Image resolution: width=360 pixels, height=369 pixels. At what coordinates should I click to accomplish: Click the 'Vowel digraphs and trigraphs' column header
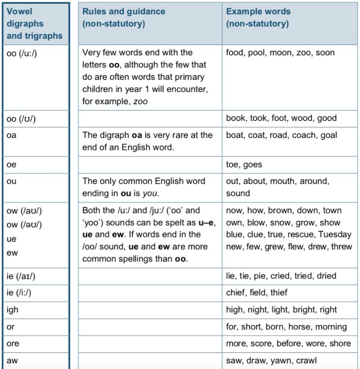[x=35, y=24]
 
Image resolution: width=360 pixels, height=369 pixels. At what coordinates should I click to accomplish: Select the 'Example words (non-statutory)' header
[x=258, y=18]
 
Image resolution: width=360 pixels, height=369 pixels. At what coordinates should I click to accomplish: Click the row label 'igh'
[x=12, y=310]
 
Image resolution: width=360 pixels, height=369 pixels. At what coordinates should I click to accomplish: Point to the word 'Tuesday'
[x=335, y=234]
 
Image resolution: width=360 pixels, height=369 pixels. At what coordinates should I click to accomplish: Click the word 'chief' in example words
[x=235, y=293]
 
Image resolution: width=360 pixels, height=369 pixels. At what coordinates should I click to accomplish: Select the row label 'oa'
[x=11, y=136]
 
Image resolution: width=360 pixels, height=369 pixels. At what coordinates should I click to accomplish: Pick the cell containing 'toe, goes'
[x=244, y=164]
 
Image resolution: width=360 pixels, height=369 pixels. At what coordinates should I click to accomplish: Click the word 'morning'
[x=331, y=327]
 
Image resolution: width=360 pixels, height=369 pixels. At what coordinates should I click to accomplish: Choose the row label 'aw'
[x=12, y=361]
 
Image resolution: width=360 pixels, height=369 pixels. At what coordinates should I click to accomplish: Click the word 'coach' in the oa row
[x=306, y=136]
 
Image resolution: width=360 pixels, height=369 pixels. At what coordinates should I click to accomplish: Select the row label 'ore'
[x=13, y=344]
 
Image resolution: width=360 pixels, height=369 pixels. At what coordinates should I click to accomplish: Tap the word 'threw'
[x=342, y=247]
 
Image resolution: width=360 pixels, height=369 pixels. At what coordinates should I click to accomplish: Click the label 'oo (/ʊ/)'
[x=21, y=119]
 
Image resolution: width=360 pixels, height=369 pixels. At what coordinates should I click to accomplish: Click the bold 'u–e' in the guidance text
[x=206, y=222]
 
